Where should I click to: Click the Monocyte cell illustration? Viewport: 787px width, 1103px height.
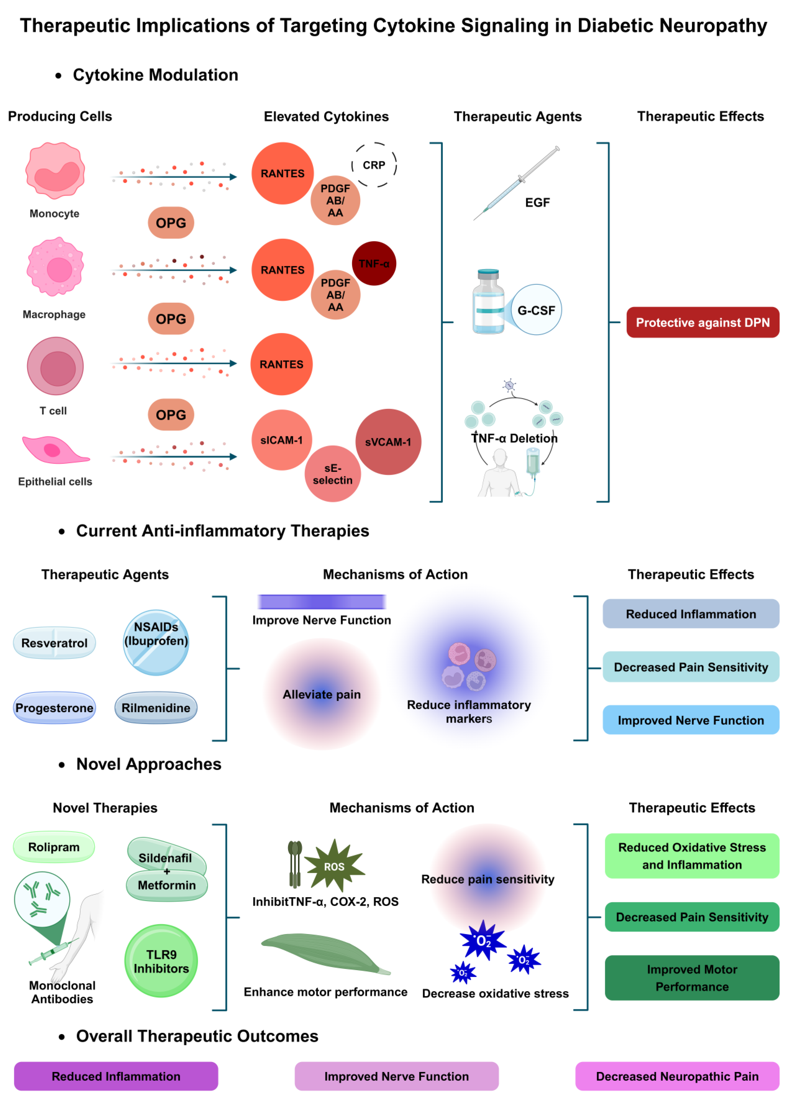pyautogui.click(x=55, y=171)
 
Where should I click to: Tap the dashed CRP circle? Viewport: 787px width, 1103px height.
pyautogui.click(x=374, y=165)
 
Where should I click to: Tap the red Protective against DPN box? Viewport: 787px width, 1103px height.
pyautogui.click(x=702, y=322)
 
